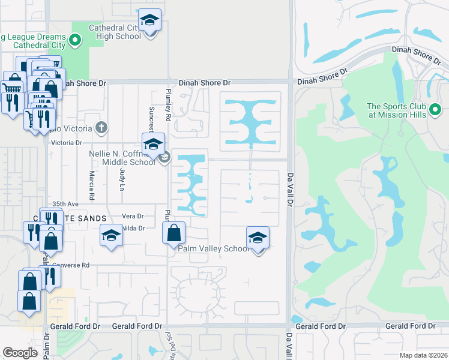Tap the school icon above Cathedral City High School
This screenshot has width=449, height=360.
[x=149, y=20]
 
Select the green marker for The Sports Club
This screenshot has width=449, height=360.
[x=436, y=110]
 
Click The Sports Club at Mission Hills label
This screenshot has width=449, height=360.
[x=397, y=111]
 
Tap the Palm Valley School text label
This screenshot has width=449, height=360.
[x=212, y=248]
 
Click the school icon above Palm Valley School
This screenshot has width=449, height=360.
[x=258, y=238]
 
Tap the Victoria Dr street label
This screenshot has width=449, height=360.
[x=67, y=143]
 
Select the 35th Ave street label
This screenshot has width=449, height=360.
[x=66, y=204]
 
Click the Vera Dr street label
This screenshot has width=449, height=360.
[x=133, y=216]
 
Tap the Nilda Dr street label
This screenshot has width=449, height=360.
[x=133, y=228]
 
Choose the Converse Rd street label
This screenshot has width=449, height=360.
[x=71, y=265]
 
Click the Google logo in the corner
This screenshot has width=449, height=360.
[x=20, y=353]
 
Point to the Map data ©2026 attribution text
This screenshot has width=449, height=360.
[x=423, y=355]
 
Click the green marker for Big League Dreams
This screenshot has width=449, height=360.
[x=75, y=41]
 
